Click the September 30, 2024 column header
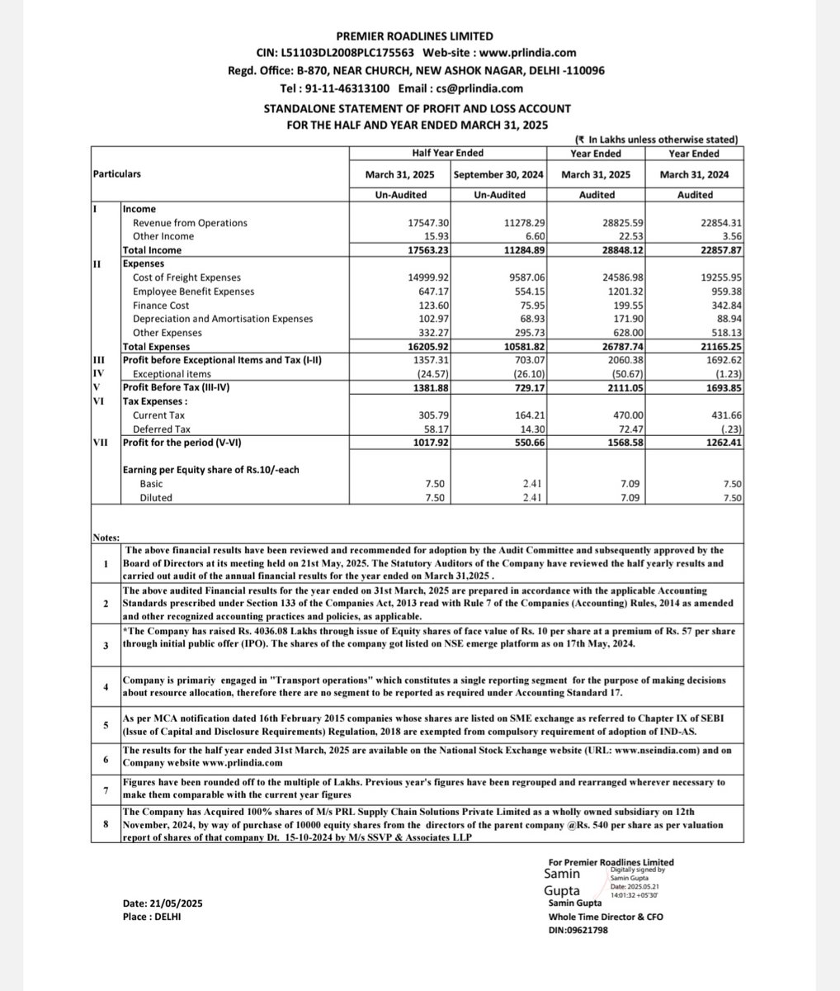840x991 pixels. tap(499, 174)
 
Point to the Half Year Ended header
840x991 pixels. tap(448, 153)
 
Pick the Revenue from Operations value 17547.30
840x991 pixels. tap(420, 223)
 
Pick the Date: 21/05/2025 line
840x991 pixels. tap(163, 904)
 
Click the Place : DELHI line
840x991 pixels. tap(152, 917)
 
